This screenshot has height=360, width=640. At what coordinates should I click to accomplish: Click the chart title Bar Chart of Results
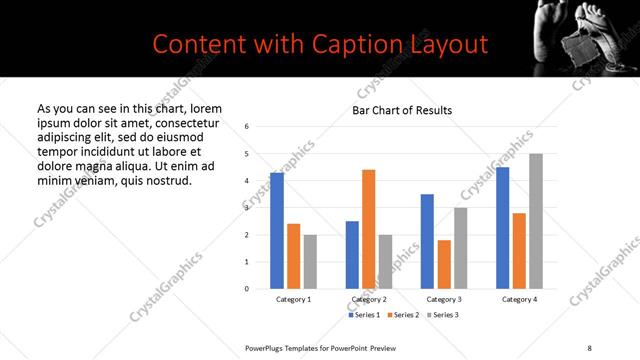(401, 110)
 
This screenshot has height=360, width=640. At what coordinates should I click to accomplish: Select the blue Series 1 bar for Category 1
(277, 230)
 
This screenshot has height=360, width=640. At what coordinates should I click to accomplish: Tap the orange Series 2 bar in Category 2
(368, 229)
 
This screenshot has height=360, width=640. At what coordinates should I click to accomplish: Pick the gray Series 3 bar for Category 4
(535, 221)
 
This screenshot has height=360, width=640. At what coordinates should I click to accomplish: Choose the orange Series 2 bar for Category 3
(444, 264)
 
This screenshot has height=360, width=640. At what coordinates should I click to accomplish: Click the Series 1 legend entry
(364, 315)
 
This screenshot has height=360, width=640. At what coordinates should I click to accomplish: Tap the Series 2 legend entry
(403, 315)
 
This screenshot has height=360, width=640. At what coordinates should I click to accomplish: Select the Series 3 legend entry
(443, 315)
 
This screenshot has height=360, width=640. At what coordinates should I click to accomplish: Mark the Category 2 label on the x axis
(368, 300)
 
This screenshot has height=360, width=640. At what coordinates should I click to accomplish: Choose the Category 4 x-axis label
(519, 300)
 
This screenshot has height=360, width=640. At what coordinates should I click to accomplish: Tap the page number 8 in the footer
(589, 347)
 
